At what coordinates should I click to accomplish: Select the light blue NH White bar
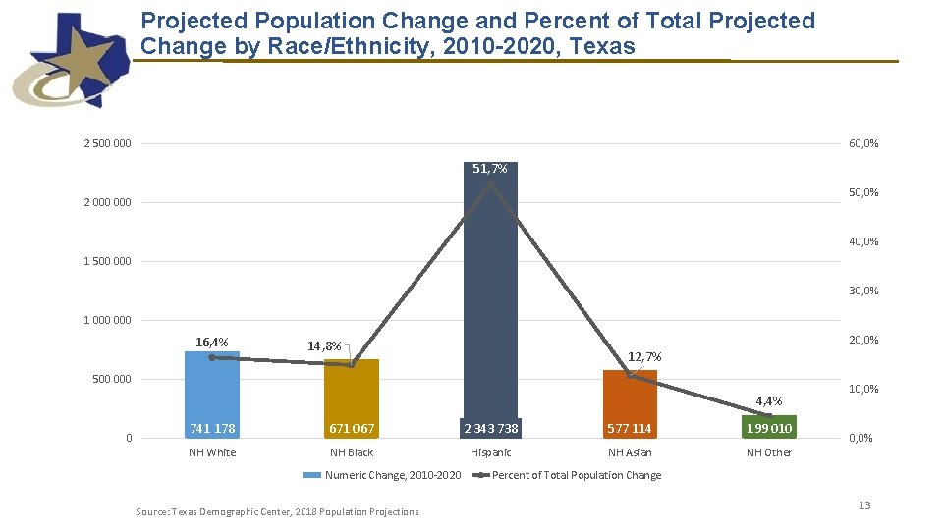pos(212,393)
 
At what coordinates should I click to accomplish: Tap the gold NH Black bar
pos(351,397)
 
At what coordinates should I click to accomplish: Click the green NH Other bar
pos(769,427)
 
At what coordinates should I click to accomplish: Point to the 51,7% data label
pos(490,169)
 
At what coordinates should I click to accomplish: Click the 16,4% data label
pos(212,343)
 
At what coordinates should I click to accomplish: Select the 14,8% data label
pos(324,346)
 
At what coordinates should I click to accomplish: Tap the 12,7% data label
pos(644,356)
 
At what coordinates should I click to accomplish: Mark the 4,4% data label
pos(769,400)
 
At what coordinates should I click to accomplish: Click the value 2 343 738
pos(491,429)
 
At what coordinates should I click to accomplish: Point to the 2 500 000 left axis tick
pos(107,144)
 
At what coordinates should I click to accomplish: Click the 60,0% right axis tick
pos(863,144)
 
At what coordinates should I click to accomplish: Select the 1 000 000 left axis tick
pos(107,320)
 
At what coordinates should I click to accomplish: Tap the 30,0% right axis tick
pos(863,291)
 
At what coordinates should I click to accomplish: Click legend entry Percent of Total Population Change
pos(576,475)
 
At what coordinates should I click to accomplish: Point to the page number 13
pos(864,505)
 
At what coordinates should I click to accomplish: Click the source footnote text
pos(277,511)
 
